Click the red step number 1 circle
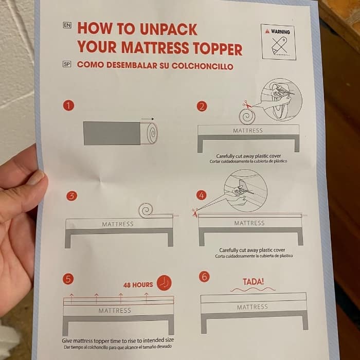tap(68, 105)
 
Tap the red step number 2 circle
tap(202, 107)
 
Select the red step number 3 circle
tap(72, 196)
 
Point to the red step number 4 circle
tap(202, 195)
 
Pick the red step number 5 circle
tap(68, 279)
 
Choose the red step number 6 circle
tap(204, 277)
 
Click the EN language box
tap(67, 25)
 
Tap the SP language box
tap(66, 64)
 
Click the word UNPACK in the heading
tap(168, 29)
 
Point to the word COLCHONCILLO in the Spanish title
tap(203, 66)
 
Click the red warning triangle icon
tap(267, 31)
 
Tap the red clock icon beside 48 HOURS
tap(164, 283)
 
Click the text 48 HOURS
tap(138, 285)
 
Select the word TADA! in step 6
tap(253, 281)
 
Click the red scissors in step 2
tap(247, 104)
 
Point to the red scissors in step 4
tap(195, 212)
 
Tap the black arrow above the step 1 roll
tap(148, 119)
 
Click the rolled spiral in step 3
tap(146, 210)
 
